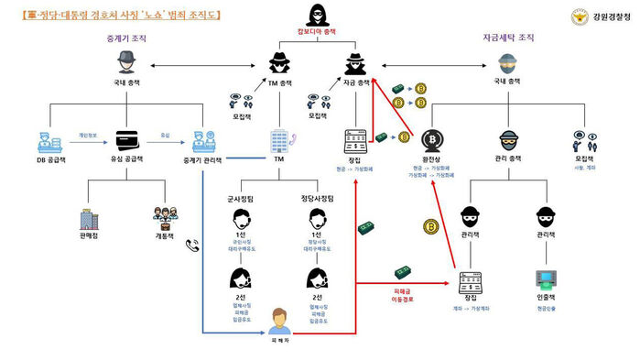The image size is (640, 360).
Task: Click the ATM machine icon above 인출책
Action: pyautogui.click(x=546, y=278)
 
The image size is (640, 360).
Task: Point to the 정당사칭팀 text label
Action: pyautogui.click(x=318, y=197)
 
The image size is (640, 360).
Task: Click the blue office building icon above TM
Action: pyautogui.click(x=279, y=140)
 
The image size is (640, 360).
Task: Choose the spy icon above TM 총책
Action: pyautogui.click(x=279, y=64)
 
